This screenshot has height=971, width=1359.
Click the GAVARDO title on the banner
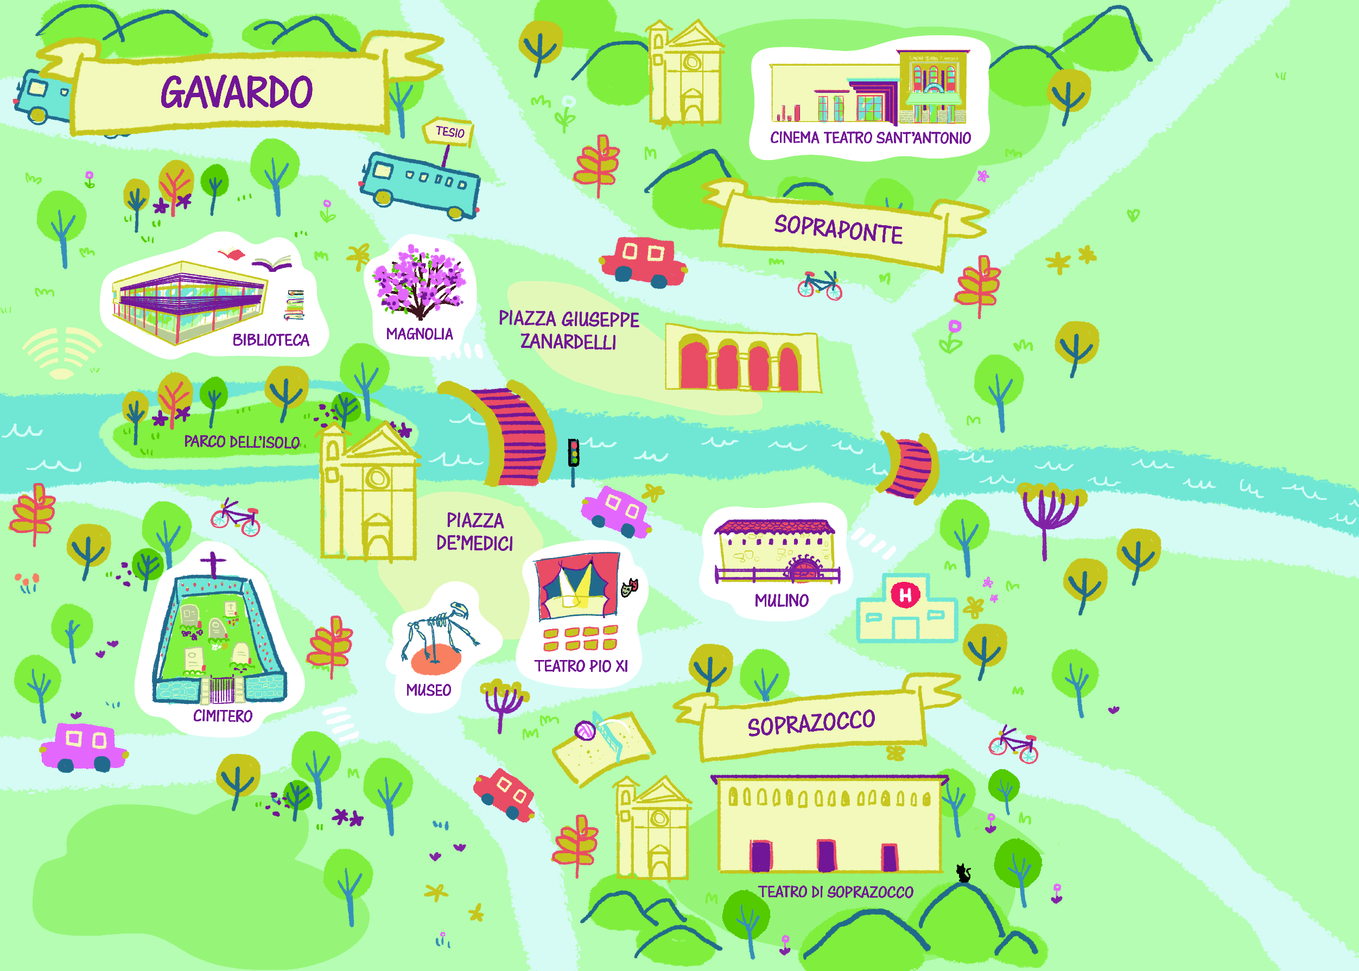point(237,92)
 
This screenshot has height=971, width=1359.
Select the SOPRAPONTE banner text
point(838,229)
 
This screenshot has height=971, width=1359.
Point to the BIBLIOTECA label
point(271,340)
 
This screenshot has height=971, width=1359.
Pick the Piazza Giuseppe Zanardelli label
point(569,330)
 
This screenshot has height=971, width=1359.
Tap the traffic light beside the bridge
point(573,454)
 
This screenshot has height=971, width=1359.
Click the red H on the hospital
point(905,595)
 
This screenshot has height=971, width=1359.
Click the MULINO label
point(782,600)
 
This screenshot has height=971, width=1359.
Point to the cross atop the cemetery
point(213,563)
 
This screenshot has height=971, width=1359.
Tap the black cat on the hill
point(963,873)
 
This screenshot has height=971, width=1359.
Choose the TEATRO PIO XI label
point(581,666)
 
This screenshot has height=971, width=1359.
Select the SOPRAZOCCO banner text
point(811,723)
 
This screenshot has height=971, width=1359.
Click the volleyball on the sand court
point(585,731)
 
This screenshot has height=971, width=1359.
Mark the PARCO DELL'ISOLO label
point(242,442)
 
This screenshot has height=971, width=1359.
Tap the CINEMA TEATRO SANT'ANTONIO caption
point(870,138)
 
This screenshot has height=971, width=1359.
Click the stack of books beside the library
point(294,305)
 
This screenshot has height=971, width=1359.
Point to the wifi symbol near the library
point(61,353)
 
